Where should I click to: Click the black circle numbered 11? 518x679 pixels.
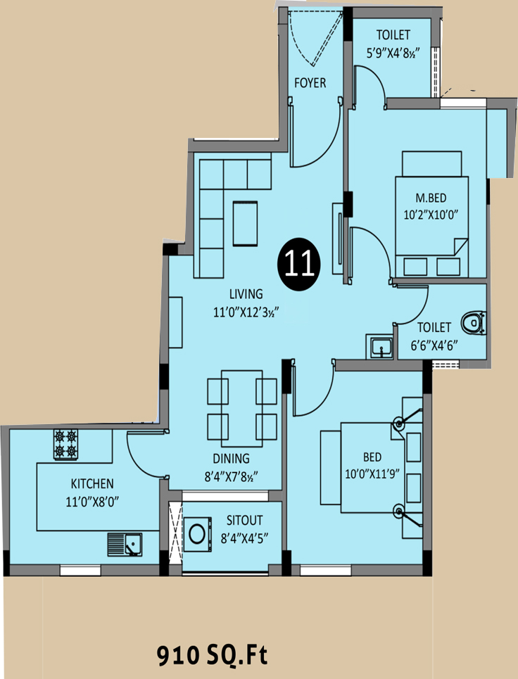point(300,264)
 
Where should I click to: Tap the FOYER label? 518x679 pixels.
point(310,83)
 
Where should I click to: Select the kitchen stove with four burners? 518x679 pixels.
point(66,444)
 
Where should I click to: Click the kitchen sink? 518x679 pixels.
point(125,545)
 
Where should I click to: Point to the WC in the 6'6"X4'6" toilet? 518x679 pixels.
point(473,322)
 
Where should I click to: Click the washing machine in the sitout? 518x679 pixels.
point(198,534)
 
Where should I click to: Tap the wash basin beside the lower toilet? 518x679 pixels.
point(380,346)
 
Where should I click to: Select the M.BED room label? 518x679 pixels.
point(431,198)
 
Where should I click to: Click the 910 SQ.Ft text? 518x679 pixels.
point(212,656)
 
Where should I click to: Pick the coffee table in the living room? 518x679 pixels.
point(245,224)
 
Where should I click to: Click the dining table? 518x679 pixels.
point(241,408)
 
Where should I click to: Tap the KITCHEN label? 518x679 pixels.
point(92,483)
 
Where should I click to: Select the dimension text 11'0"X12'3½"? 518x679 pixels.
point(245,312)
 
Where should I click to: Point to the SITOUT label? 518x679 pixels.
point(245,520)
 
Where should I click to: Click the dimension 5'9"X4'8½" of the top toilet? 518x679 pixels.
point(393,53)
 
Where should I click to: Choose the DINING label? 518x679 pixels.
point(232,458)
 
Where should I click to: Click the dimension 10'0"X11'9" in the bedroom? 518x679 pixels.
point(372,474)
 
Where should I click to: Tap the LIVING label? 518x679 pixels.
point(246,294)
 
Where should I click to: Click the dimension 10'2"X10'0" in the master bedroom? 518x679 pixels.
point(431,215)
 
